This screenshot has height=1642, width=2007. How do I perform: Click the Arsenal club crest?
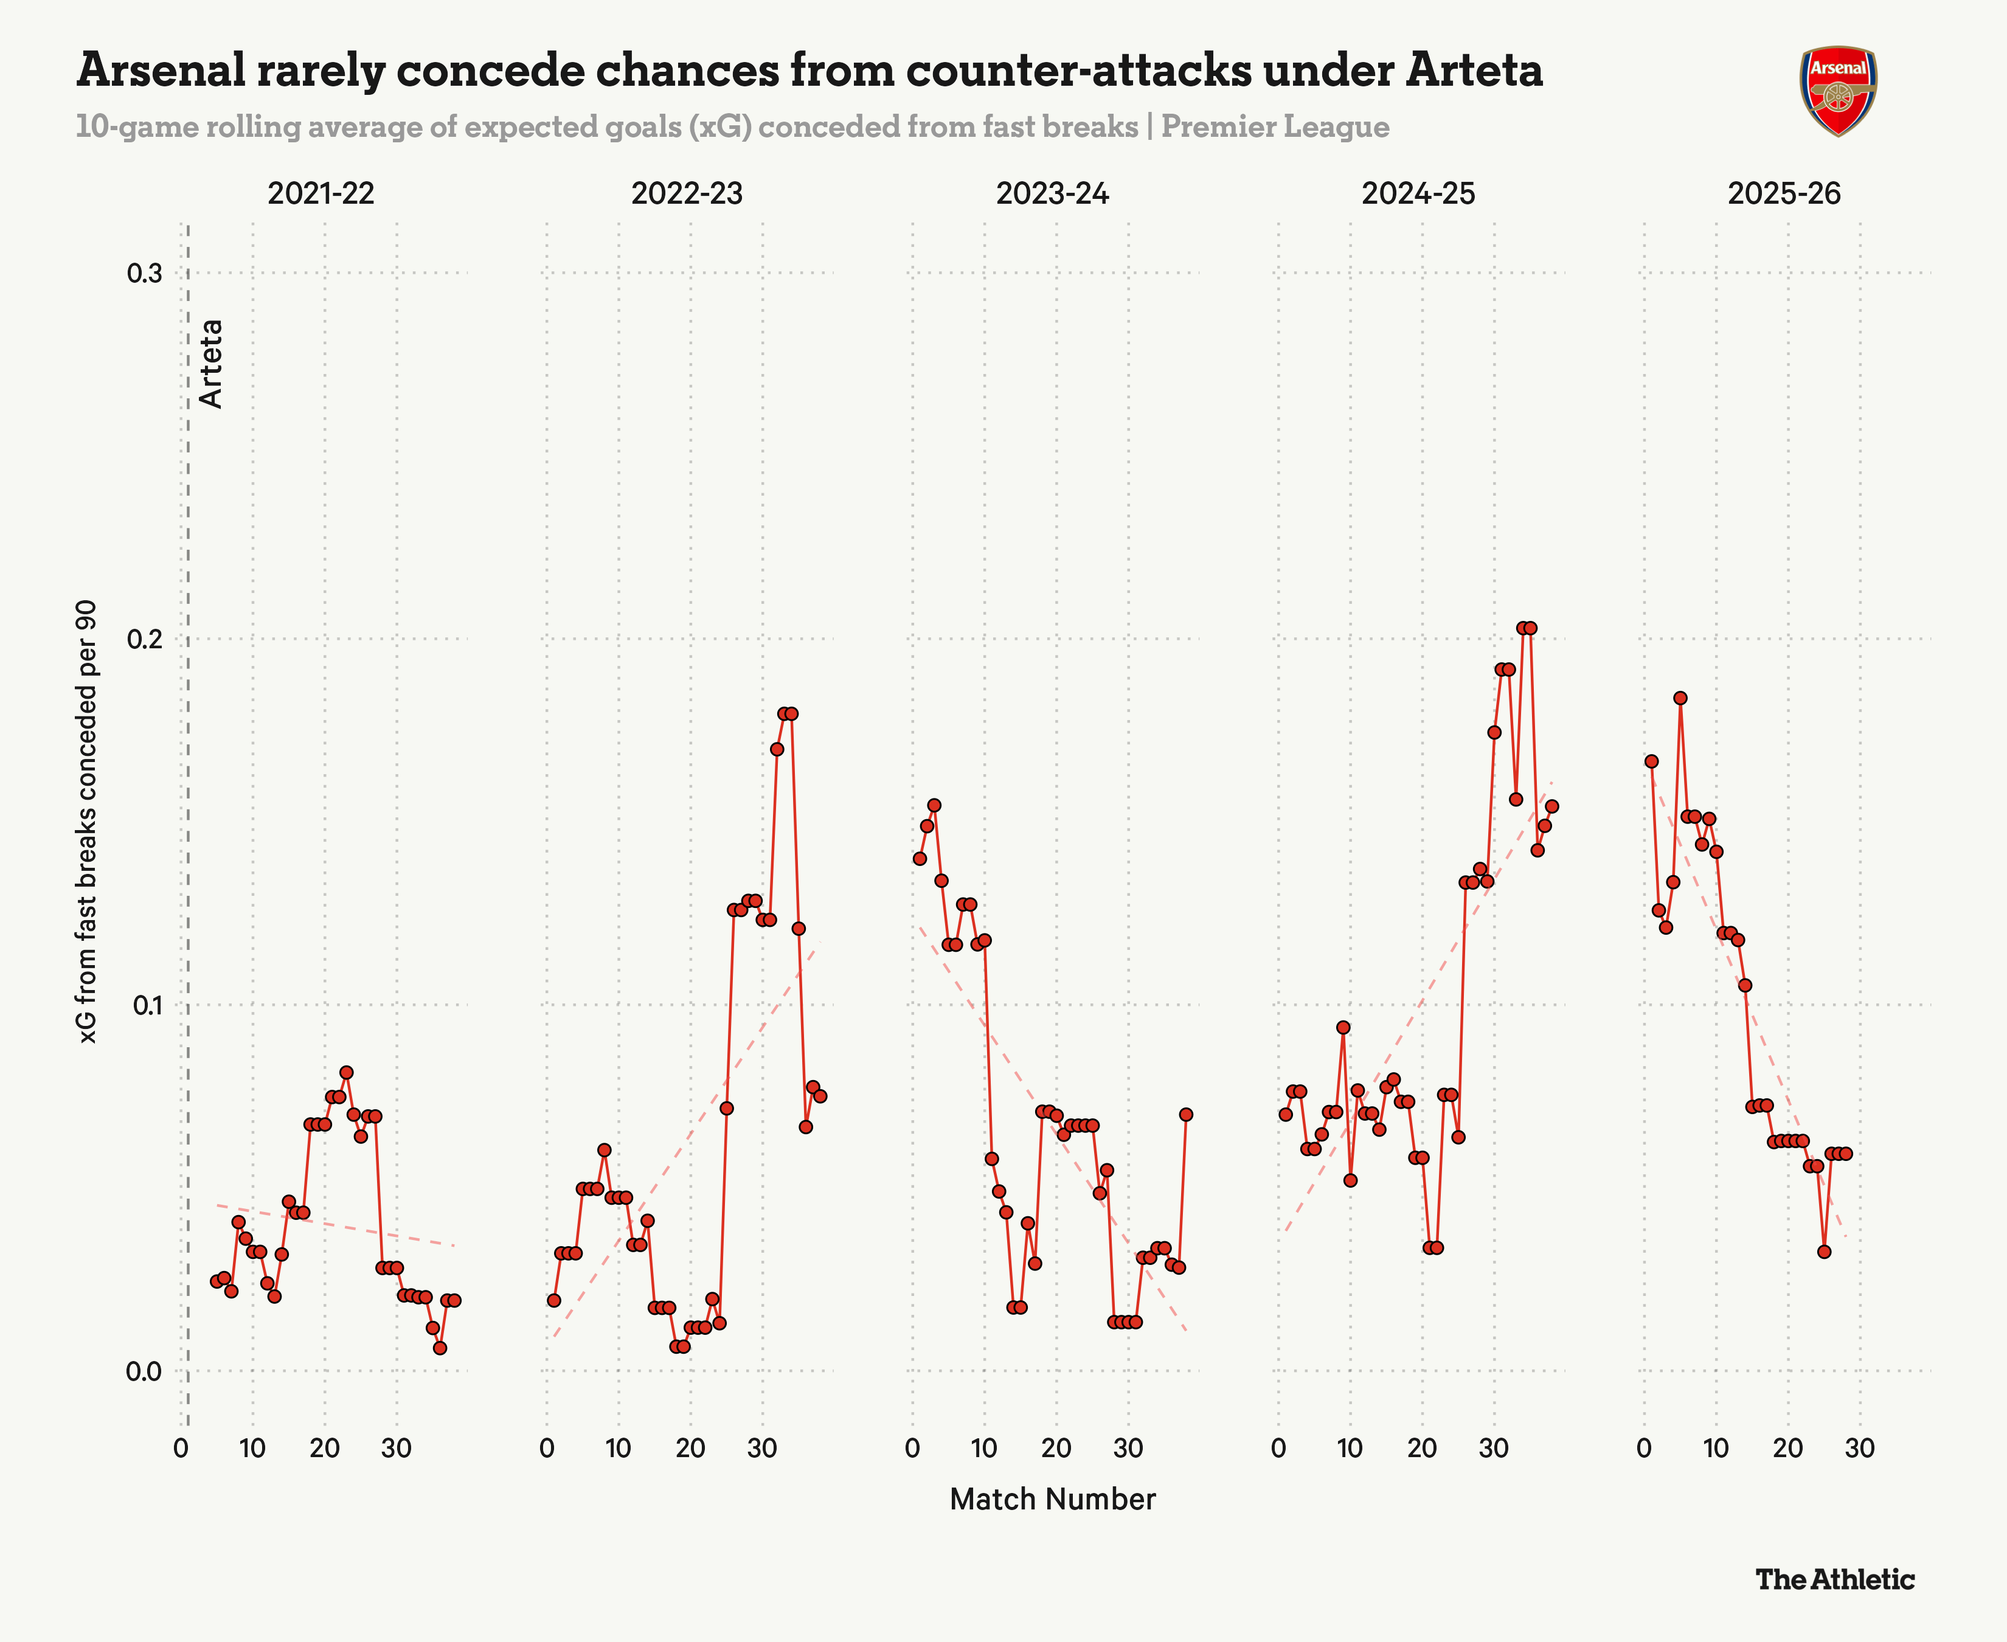(1838, 91)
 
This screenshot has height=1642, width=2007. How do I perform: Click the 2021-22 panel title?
(321, 194)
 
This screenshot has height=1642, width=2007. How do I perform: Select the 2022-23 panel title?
(687, 194)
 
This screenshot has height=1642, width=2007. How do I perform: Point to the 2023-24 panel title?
(1052, 194)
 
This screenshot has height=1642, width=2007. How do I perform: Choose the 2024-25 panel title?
(1418, 194)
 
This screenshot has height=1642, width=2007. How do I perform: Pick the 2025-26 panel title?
(1784, 194)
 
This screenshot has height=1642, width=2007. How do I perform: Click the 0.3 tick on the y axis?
(145, 273)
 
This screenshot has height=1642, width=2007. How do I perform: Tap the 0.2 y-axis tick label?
(145, 639)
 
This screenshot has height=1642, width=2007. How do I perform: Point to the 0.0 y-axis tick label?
(145, 1371)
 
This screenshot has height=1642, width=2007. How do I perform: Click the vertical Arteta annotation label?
(212, 364)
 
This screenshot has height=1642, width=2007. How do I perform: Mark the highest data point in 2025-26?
(1680, 698)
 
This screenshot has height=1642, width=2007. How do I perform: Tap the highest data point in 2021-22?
(346, 1073)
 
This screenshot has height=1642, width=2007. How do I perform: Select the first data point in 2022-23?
(554, 1301)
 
